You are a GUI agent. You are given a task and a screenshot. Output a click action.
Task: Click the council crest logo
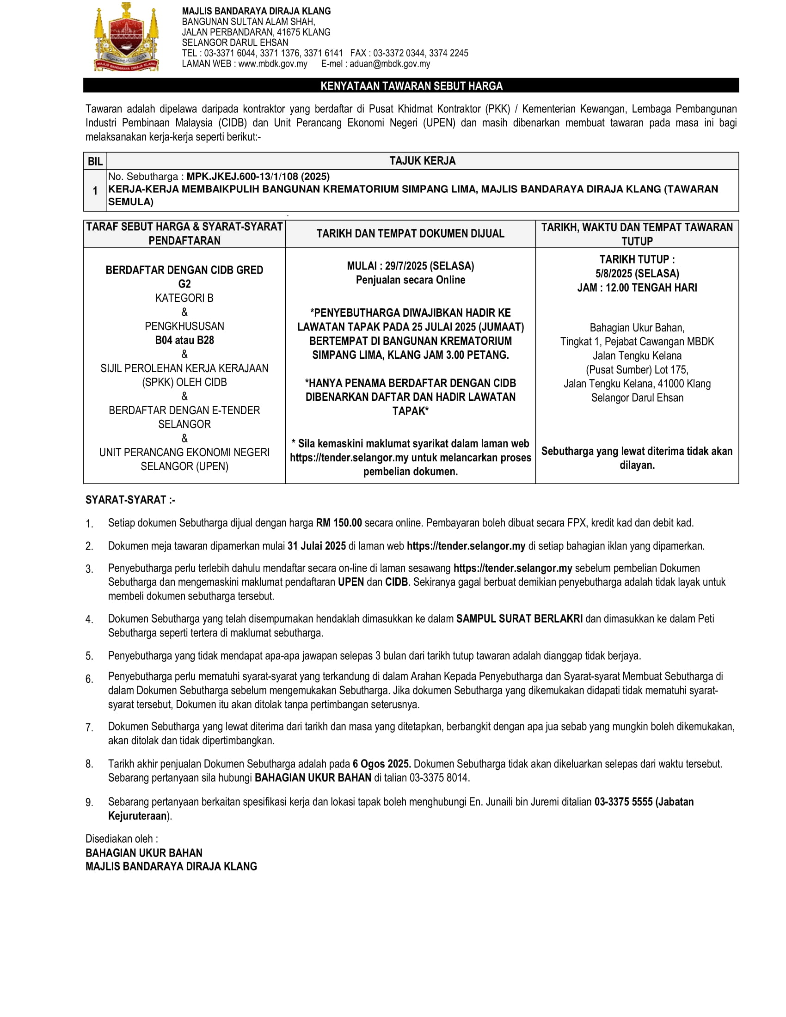[127, 37]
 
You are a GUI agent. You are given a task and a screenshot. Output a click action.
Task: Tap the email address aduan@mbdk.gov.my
[389, 64]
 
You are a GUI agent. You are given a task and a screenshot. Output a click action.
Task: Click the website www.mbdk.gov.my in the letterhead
[272, 64]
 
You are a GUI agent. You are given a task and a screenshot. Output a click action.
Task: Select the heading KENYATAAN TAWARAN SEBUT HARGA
[411, 86]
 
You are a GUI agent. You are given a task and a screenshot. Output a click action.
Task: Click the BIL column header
[95, 161]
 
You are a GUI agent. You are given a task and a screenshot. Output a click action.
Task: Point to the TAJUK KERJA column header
[422, 161]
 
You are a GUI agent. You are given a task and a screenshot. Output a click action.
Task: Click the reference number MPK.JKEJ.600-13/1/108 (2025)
[258, 177]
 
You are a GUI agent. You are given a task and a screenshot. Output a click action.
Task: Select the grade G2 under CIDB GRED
[184, 284]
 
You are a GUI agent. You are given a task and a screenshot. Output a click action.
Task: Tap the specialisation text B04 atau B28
[184, 340]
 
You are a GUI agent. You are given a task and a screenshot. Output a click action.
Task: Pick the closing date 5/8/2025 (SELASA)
[637, 273]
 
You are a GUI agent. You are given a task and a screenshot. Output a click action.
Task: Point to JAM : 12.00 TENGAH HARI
[637, 288]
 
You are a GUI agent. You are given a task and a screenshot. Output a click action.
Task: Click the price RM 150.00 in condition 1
[338, 522]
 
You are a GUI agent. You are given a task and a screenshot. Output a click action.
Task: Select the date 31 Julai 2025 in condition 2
[317, 546]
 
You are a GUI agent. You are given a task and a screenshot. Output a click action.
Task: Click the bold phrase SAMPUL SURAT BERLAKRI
[519, 619]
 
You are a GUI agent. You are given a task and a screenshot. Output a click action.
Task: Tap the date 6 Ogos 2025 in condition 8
[381, 764]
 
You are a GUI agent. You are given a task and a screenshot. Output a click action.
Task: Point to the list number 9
[89, 803]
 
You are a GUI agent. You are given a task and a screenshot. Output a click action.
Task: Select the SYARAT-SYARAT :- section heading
[130, 500]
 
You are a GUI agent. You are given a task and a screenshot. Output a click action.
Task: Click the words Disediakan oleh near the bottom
[121, 839]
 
